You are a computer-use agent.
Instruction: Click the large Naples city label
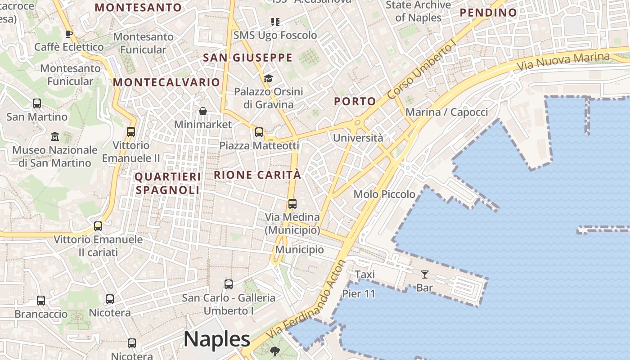216,339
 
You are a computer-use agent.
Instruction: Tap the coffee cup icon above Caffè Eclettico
68,34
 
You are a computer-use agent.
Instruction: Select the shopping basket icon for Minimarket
203,111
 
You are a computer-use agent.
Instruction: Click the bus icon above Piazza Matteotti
259,132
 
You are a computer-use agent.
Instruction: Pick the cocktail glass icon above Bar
424,274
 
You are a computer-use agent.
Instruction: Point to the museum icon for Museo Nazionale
55,136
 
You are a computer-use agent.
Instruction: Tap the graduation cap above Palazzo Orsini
268,79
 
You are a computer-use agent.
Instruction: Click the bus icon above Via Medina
292,204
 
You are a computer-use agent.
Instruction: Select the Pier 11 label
359,294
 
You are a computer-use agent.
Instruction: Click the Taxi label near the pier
364,274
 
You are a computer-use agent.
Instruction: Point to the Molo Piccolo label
384,194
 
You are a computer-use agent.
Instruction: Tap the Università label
358,138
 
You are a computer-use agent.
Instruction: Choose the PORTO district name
355,102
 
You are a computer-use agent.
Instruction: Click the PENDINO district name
488,13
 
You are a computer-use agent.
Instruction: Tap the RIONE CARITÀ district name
257,175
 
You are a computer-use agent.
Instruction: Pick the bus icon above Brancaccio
41,300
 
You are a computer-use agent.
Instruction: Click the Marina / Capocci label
446,112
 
